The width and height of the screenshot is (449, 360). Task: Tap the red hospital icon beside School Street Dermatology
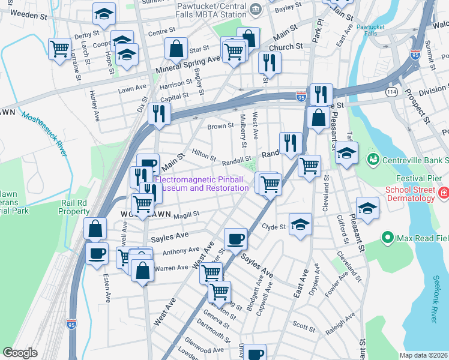[444, 194]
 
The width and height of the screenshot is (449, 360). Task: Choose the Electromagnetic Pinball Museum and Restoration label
[202, 184]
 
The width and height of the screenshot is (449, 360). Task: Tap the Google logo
[19, 353]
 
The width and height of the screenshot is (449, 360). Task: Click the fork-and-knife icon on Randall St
[291, 142]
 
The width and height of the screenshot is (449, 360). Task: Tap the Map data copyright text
[424, 355]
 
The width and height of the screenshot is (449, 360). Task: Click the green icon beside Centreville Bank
[372, 159]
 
